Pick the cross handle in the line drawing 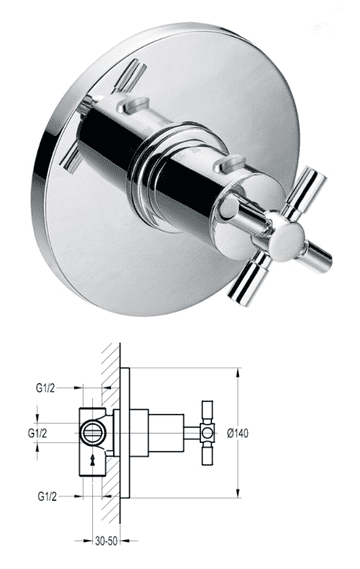pos(207,432)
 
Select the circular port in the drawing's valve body pos(95,433)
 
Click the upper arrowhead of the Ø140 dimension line pos(236,372)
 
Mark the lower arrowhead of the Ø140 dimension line pos(236,493)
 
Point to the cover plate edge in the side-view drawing pos(128,432)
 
